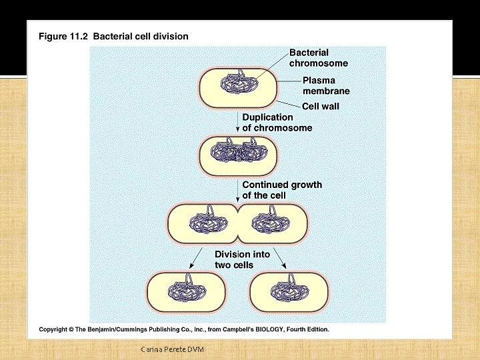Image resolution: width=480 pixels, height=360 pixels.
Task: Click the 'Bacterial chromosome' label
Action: point(318,58)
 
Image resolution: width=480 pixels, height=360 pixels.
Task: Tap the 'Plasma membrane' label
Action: point(326,86)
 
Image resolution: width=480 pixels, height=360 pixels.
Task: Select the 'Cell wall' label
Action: point(321,106)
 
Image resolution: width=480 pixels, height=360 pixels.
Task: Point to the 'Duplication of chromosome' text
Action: point(277,122)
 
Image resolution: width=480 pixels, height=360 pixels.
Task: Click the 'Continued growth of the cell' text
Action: point(281,189)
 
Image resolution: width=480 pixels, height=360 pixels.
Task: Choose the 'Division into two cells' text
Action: point(242,259)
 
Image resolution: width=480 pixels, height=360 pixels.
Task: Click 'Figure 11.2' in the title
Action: point(63,37)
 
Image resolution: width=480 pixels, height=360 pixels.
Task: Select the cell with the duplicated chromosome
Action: point(238,155)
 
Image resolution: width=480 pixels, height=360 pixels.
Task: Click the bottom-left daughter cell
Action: point(186,292)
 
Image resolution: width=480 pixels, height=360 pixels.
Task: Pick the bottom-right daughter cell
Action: point(288,292)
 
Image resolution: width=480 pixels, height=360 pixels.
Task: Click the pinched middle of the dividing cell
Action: point(238,223)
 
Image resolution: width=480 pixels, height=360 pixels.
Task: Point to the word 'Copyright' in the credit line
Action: point(57,329)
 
